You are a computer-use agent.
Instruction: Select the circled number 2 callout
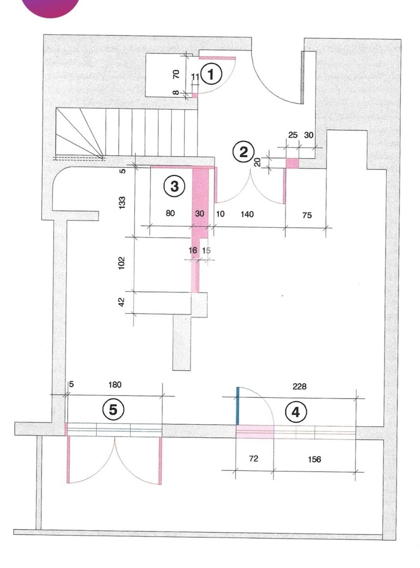tap(243, 152)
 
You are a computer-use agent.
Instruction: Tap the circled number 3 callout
tap(174, 185)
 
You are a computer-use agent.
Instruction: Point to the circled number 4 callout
tap(296, 413)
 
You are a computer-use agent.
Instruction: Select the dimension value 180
tap(115, 385)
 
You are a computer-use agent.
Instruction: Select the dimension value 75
tap(307, 214)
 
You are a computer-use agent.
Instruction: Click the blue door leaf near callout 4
tap(238, 406)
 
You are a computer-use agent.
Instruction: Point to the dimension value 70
tap(176, 74)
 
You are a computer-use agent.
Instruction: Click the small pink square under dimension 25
tap(292, 163)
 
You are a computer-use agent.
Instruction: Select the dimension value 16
tap(193, 251)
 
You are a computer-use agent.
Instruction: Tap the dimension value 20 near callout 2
tap(257, 162)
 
